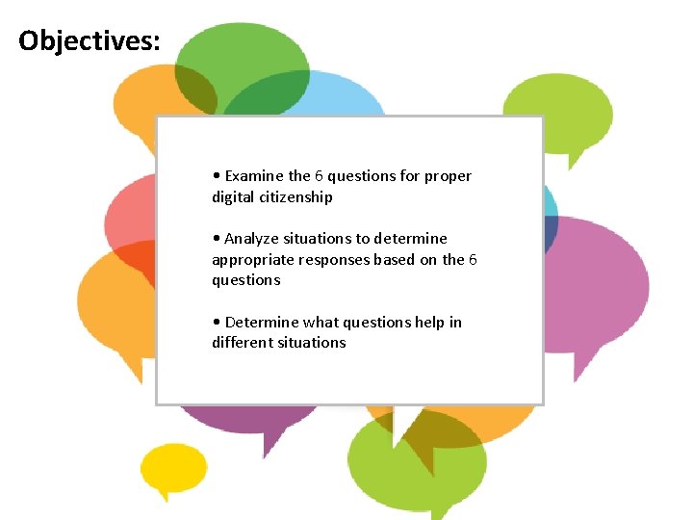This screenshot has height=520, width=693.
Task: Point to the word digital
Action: (233, 197)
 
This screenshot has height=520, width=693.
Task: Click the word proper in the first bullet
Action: (448, 176)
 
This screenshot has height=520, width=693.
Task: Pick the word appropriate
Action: (253, 259)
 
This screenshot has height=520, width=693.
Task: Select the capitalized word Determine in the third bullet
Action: (262, 322)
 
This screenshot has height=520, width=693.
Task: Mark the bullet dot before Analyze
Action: (217, 239)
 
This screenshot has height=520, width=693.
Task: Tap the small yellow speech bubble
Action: (173, 468)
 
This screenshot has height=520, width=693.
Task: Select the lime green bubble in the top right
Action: (558, 111)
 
